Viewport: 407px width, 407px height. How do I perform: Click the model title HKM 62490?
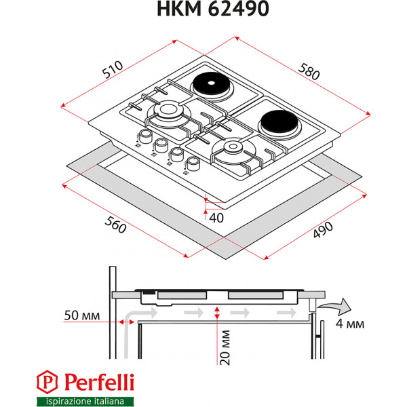pos(203,9)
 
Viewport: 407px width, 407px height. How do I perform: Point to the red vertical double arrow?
pos(216,313)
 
